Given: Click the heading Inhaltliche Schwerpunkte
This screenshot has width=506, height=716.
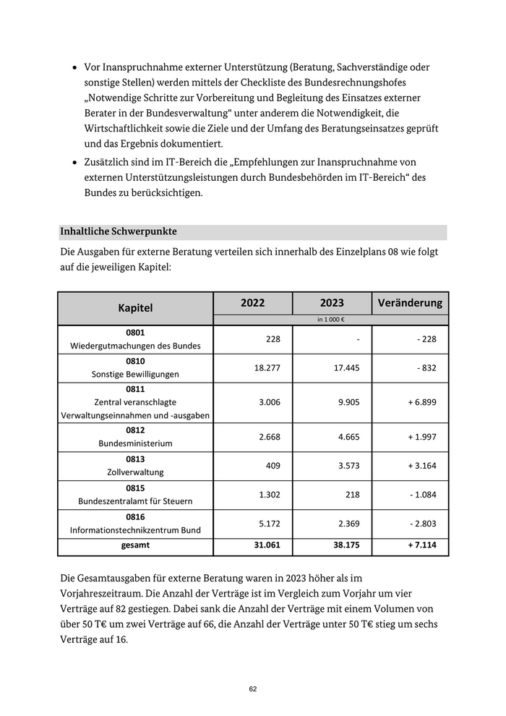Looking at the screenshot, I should coord(119,231).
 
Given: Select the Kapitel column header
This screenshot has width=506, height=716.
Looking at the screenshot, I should coord(135,308).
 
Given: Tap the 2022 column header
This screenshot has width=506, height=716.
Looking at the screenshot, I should coord(252,303).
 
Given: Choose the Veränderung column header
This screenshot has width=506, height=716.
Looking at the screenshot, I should coord(410,303).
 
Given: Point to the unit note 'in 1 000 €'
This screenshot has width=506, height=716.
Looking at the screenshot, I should coord(330,320).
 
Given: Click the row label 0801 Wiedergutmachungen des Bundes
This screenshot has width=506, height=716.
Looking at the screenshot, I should coord(135,339).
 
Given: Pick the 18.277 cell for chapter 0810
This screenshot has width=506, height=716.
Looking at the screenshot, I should coord(268,367).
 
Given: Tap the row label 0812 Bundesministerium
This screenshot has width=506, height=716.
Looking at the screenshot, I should coord(135,437).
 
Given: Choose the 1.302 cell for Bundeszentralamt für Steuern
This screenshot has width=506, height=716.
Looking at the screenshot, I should coord(268,495).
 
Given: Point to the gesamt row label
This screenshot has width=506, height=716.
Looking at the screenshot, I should coord(135,545).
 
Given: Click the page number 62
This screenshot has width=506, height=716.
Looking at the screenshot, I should coord(253,689).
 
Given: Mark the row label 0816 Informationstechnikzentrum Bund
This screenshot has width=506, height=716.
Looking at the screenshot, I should coord(135,523).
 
